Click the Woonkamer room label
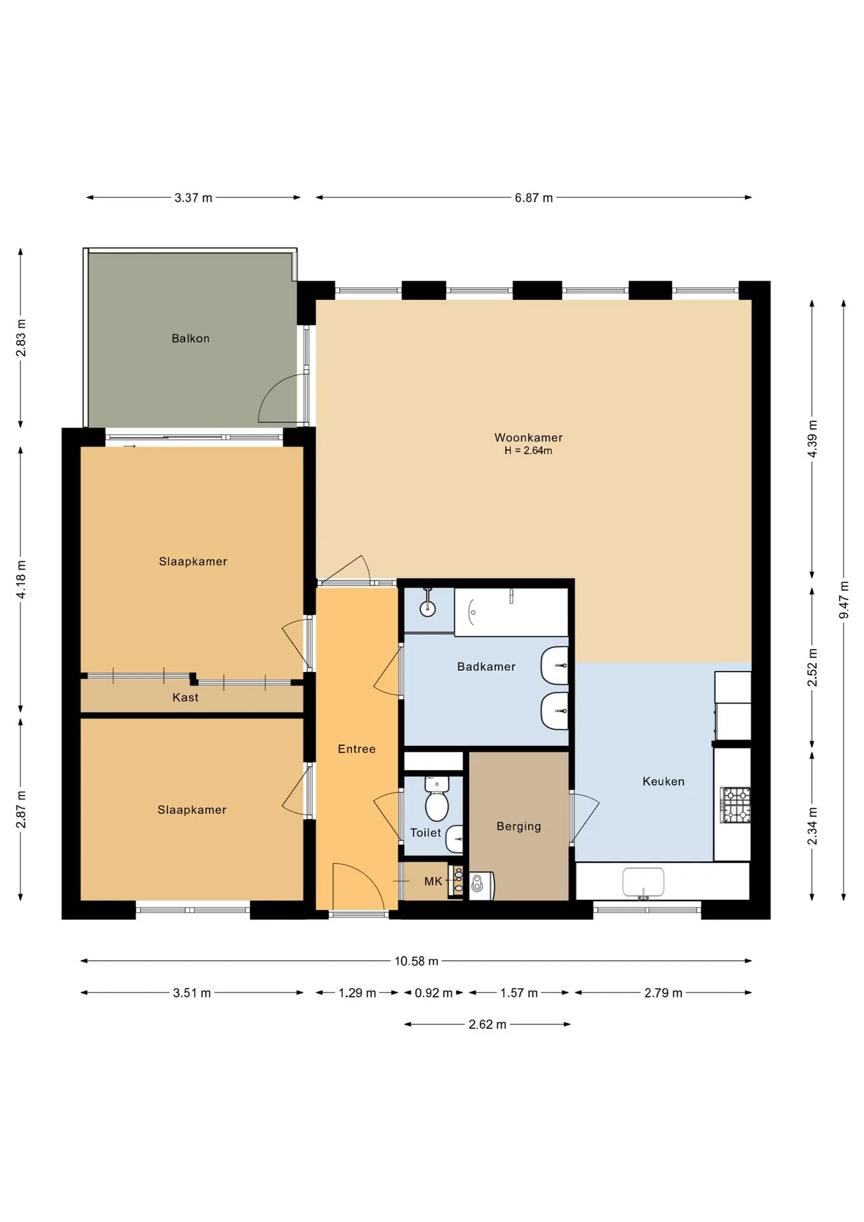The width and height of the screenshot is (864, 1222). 528,437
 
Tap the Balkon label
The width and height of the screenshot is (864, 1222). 190,339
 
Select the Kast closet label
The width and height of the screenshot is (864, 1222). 185,698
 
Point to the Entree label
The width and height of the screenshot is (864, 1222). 356,749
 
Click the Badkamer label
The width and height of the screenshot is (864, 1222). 486,666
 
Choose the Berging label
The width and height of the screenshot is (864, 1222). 519,826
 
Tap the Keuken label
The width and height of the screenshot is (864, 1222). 663,781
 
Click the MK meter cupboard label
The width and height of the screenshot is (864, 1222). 433,881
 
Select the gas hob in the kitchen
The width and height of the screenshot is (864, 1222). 735,805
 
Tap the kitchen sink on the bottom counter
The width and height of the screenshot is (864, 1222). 643,883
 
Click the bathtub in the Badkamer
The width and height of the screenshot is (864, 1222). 511,612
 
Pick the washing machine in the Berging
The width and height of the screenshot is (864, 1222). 482,885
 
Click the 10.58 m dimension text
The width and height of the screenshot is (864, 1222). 416,961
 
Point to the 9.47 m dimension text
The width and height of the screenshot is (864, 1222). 844,600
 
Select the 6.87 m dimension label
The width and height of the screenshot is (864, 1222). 534,198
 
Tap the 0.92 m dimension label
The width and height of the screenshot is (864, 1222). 434,993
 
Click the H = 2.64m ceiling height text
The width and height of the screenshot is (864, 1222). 528,451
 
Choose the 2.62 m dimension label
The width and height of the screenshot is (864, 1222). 487,1025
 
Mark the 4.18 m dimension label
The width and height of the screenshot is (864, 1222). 21,579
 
